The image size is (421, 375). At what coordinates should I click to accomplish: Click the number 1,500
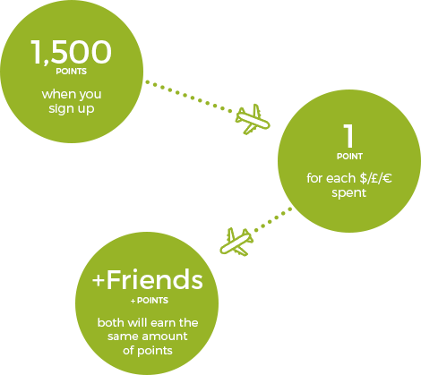pos(71,52)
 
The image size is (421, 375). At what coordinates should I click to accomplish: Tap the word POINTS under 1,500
pos(72,72)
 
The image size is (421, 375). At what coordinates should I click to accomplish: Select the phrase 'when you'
pos(72,94)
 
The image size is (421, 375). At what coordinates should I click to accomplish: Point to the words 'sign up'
pos(72,108)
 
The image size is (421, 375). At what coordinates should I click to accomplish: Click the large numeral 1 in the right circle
pos(348,136)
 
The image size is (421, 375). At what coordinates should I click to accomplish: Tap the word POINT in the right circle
pos(349,157)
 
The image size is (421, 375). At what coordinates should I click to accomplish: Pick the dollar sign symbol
pos(364,178)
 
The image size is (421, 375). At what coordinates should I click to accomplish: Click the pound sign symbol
pos(374,178)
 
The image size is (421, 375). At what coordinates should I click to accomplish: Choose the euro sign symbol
pos(387,178)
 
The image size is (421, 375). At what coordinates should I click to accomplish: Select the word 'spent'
pos(349,193)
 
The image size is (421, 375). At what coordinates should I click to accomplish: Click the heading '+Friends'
pos(148,279)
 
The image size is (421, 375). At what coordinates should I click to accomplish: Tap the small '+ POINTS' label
pos(150,301)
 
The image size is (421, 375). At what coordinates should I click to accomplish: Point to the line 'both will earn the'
pos(148,322)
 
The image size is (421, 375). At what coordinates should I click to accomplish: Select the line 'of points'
pos(148,350)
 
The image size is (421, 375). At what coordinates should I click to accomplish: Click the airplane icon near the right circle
pos(253,119)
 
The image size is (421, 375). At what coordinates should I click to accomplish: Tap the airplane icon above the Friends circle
pos(236,242)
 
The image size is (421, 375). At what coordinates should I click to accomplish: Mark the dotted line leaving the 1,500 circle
pos(189,97)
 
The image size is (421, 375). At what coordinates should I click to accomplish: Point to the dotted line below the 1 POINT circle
pos(273,220)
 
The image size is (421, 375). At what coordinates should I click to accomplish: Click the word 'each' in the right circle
pos(341,178)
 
